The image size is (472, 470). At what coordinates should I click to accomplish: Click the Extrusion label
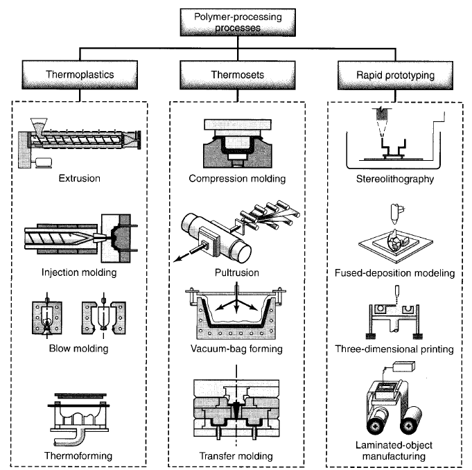80,179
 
